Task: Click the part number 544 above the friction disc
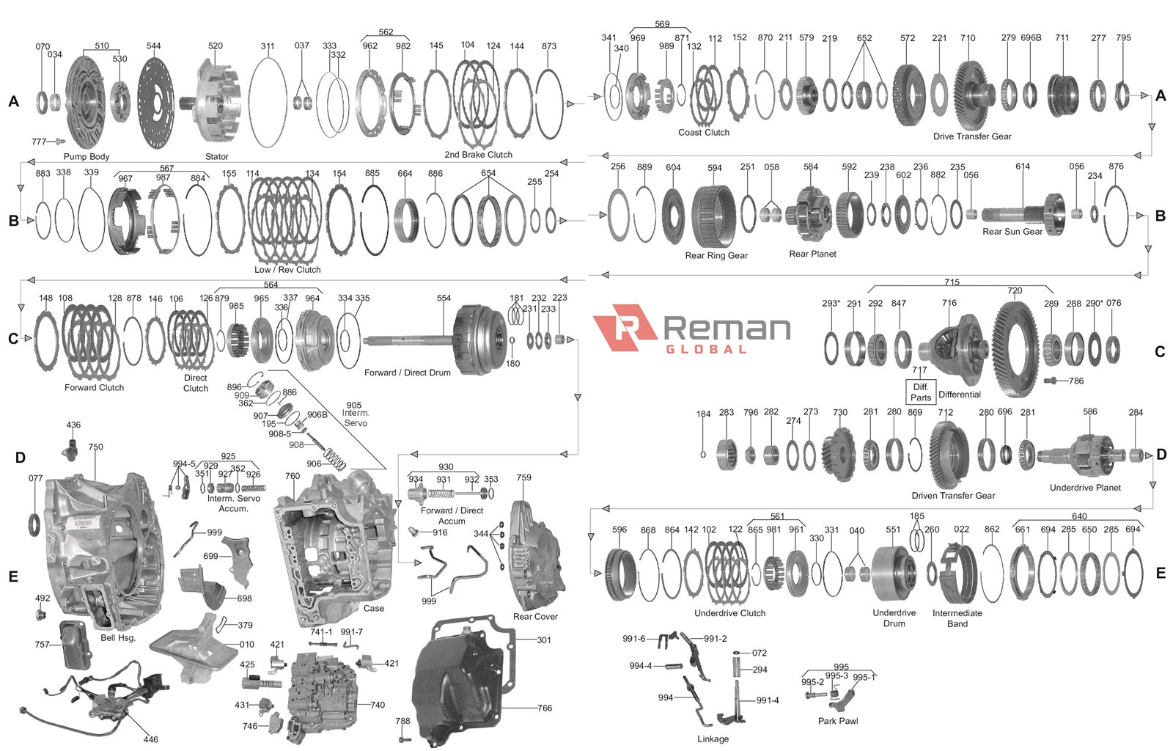pyautogui.click(x=153, y=45)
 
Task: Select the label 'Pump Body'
pyautogui.click(x=86, y=156)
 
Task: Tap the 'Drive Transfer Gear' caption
pyautogui.click(x=972, y=136)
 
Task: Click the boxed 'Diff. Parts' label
pyautogui.click(x=921, y=392)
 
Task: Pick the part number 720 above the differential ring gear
pyautogui.click(x=1015, y=290)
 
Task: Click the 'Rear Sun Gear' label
pyautogui.click(x=1012, y=232)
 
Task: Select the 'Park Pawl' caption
pyautogui.click(x=838, y=721)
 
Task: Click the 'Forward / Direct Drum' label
pyautogui.click(x=408, y=373)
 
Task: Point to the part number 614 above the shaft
pyautogui.click(x=1023, y=166)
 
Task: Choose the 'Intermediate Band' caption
pyautogui.click(x=957, y=618)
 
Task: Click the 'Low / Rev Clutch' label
pyautogui.click(x=287, y=270)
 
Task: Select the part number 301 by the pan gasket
pyautogui.click(x=544, y=640)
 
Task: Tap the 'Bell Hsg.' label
pyautogui.click(x=118, y=638)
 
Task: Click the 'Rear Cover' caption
pyautogui.click(x=535, y=617)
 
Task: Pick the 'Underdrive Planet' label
pyautogui.click(x=1085, y=488)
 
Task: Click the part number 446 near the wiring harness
pyautogui.click(x=150, y=739)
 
